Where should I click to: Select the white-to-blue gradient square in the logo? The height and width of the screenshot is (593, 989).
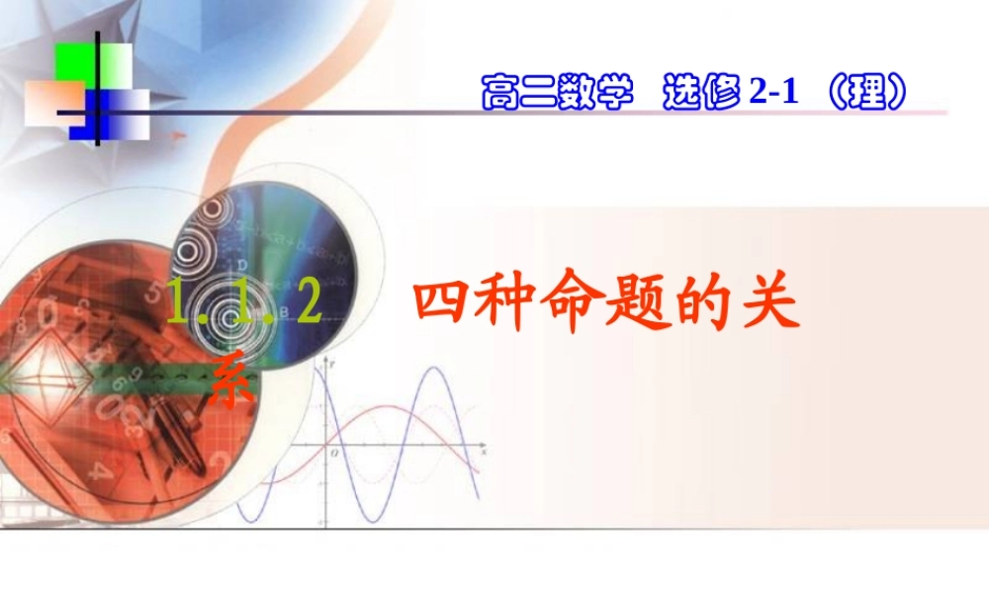tap(126, 114)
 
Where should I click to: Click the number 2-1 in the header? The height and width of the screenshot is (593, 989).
tap(772, 93)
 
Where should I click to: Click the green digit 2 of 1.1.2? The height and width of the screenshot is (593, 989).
tap(310, 303)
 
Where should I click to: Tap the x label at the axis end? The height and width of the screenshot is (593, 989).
tap(483, 451)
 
